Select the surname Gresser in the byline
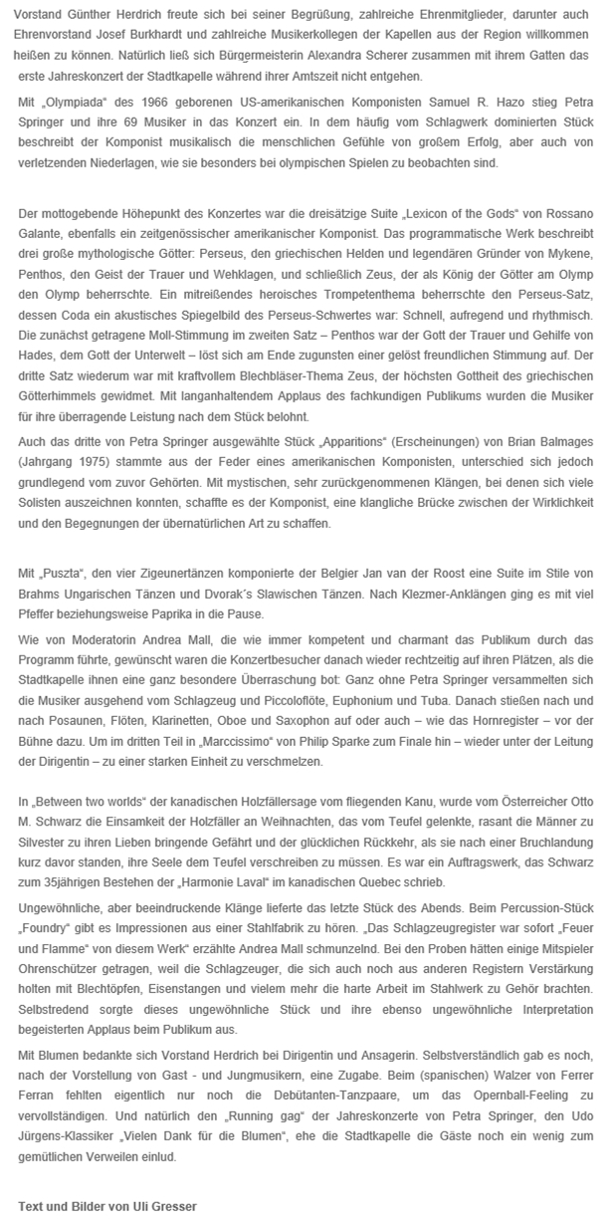(x=173, y=1205)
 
